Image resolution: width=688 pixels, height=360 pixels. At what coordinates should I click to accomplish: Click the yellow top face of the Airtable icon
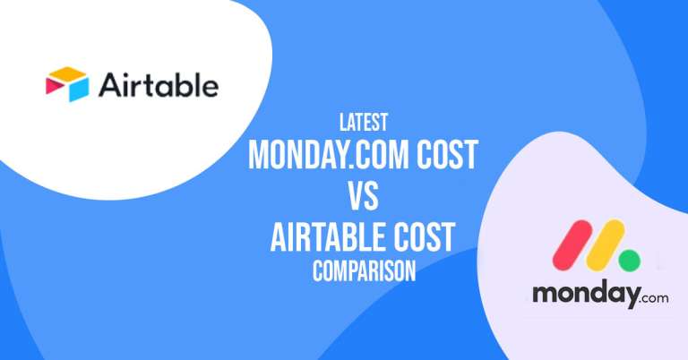[x=68, y=73]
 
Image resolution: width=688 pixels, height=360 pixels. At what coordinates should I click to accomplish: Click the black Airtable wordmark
[x=158, y=86]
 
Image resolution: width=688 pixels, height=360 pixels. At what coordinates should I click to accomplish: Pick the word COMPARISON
[x=364, y=271]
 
